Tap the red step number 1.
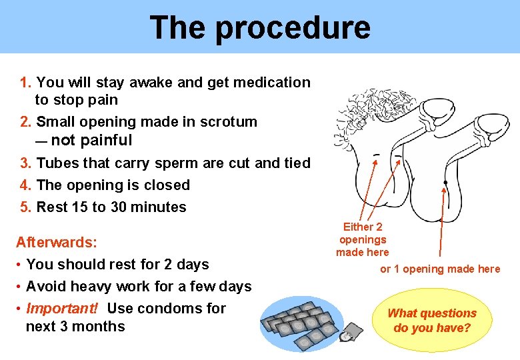click(26, 83)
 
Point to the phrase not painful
click(91, 140)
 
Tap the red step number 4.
click(26, 185)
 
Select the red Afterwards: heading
click(57, 242)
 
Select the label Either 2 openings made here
click(362, 239)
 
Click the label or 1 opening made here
click(439, 269)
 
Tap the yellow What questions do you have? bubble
click(432, 321)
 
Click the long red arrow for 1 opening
click(442, 220)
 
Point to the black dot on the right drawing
click(445, 182)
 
